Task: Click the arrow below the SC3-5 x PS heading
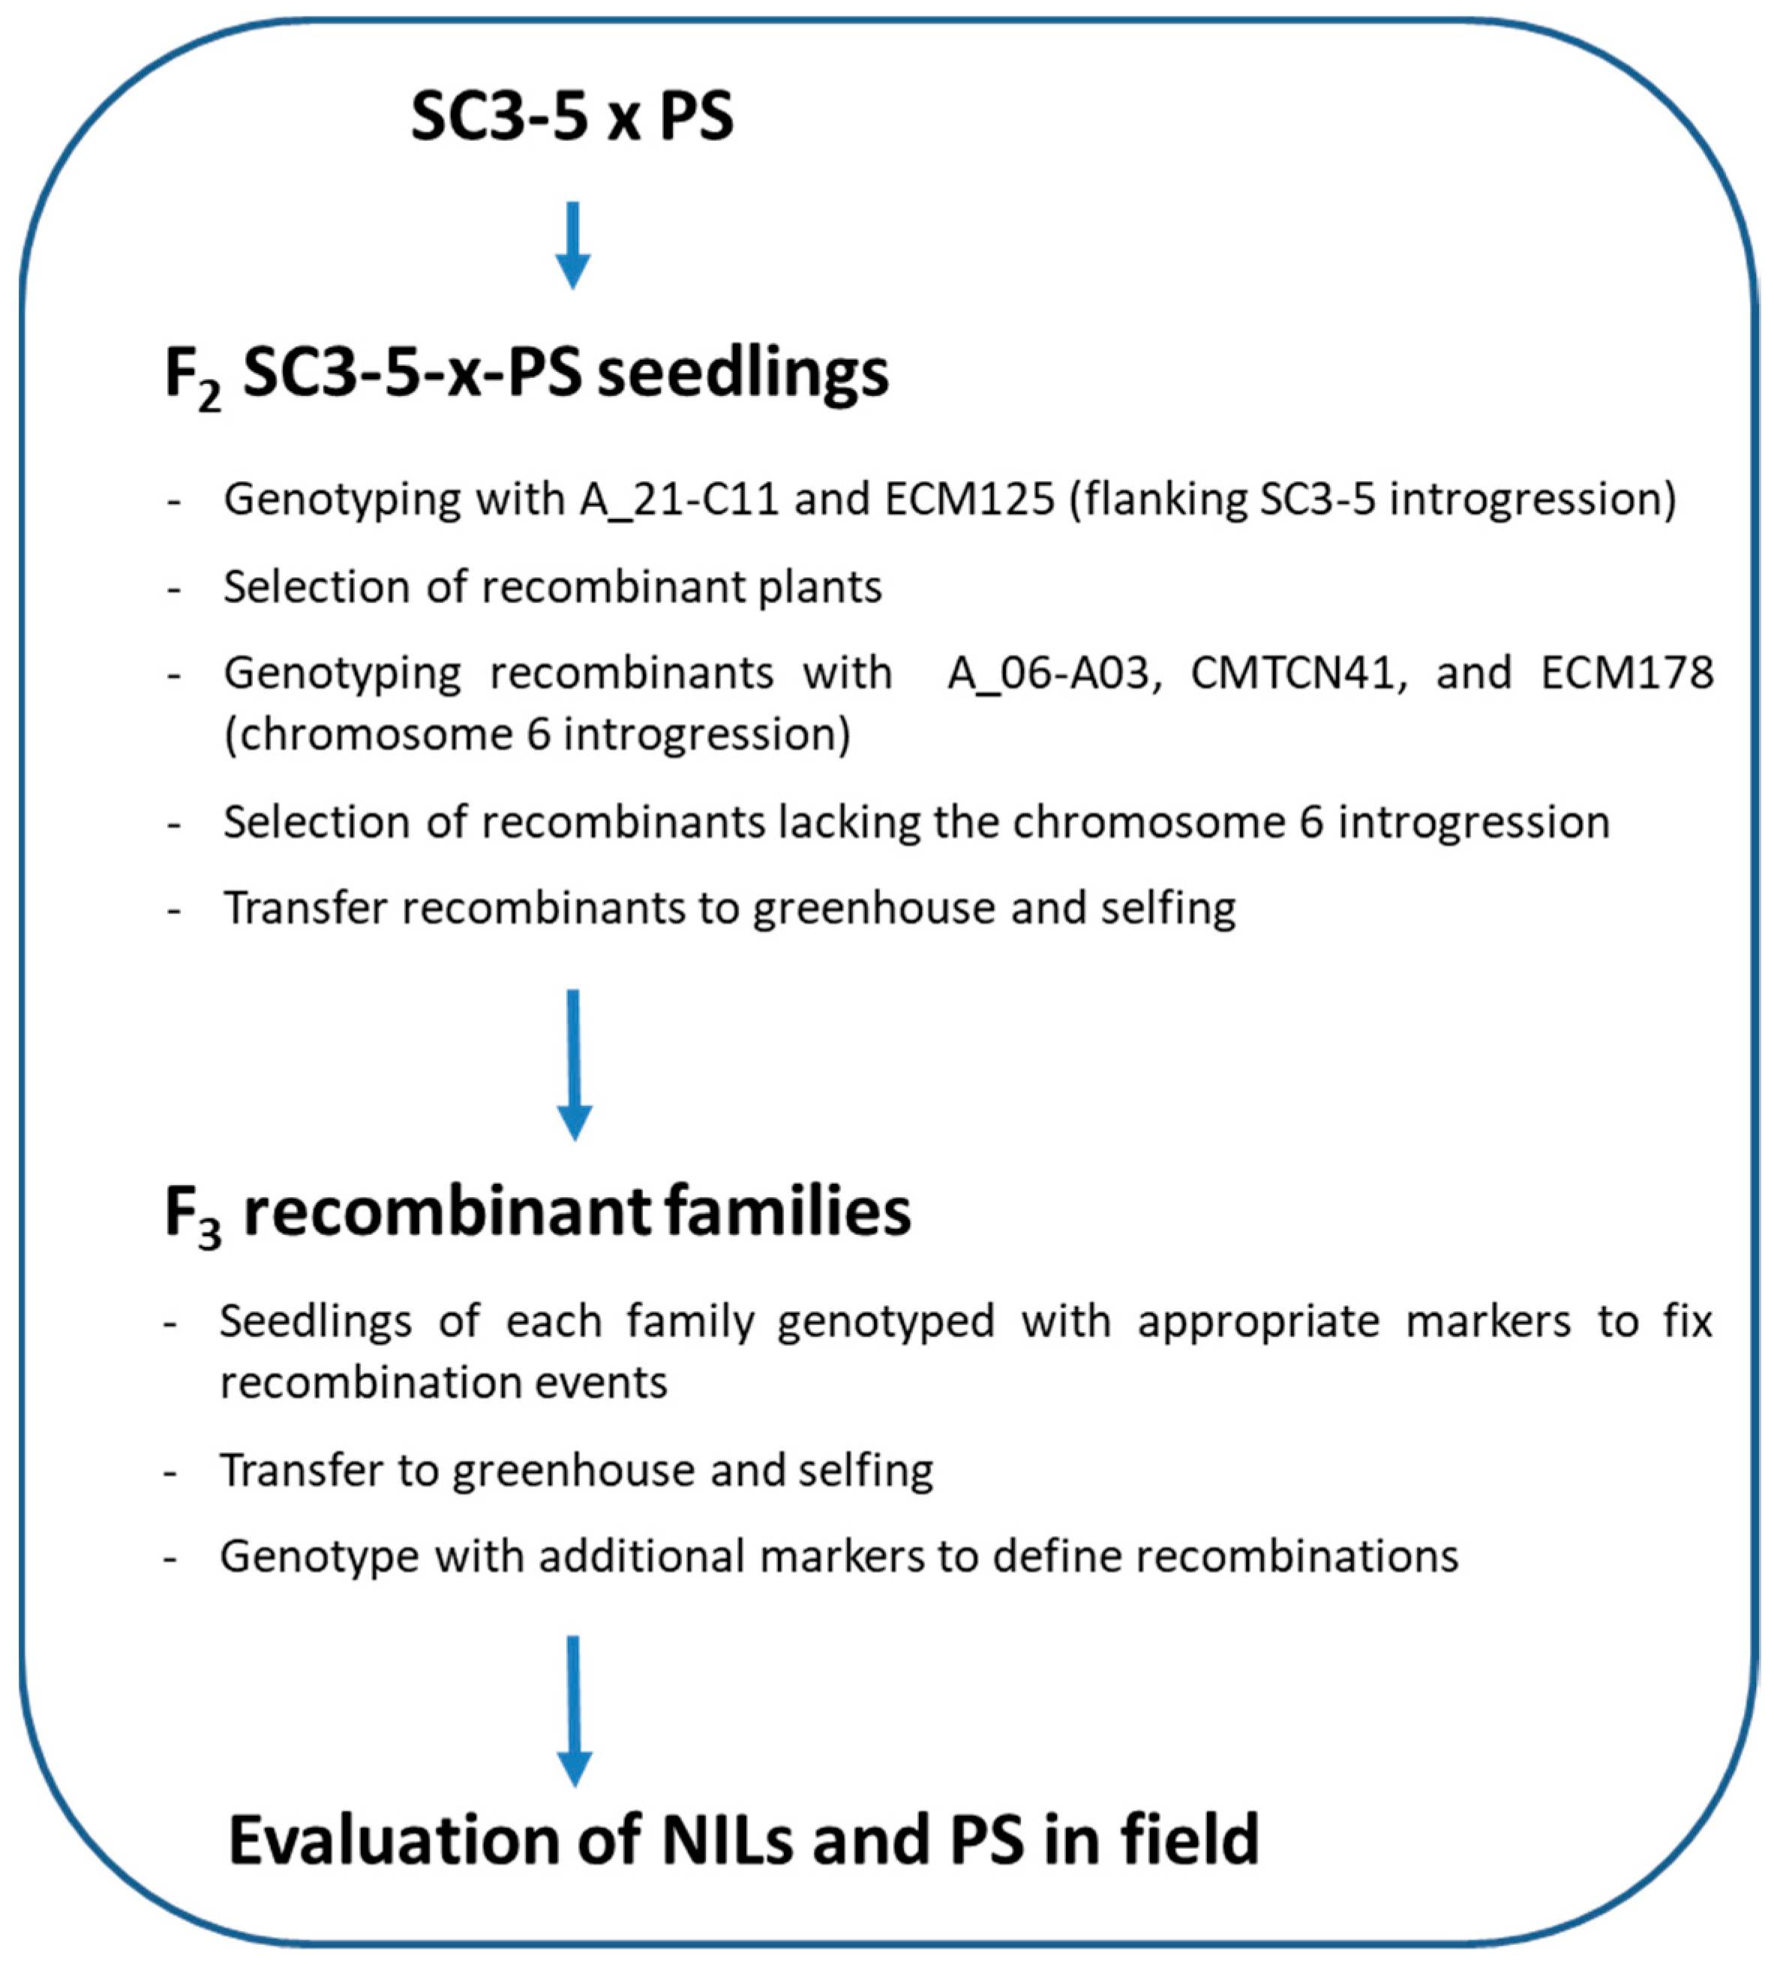pyautogui.click(x=573, y=245)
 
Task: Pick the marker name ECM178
pyautogui.click(x=1627, y=673)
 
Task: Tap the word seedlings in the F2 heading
pyautogui.click(x=743, y=374)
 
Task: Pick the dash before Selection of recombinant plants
pyautogui.click(x=175, y=589)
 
